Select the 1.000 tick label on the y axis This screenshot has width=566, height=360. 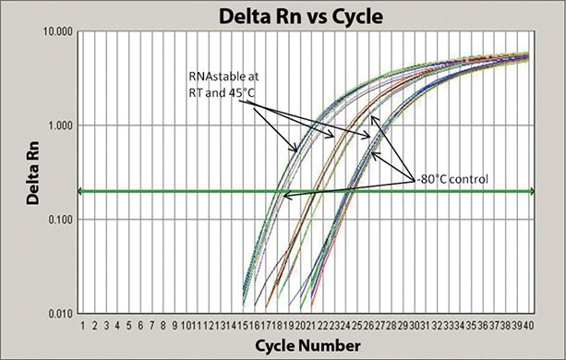coord(58,125)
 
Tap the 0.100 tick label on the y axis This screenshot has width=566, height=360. coord(58,219)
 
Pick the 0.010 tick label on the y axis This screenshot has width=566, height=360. coord(58,312)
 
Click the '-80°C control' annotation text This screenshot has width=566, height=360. coord(452,178)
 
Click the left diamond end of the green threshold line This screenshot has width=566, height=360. coord(79,191)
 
